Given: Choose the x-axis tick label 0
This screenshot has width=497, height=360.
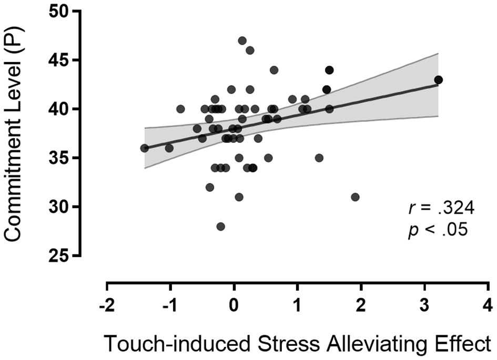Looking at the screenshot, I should click(234, 305).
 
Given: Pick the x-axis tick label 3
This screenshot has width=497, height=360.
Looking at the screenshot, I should click(424, 305).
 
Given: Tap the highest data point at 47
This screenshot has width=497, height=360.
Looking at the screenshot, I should click(242, 40).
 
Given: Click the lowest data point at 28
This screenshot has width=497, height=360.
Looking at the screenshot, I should click(221, 227).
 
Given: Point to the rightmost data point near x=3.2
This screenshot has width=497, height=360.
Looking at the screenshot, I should click(438, 80).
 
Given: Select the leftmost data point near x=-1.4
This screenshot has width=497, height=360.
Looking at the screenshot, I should click(144, 148).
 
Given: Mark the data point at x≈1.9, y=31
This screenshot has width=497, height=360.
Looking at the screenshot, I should click(355, 197).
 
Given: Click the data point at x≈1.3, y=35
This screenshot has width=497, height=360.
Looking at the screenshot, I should click(319, 158).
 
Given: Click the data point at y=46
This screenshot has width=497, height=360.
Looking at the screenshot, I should click(250, 50).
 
